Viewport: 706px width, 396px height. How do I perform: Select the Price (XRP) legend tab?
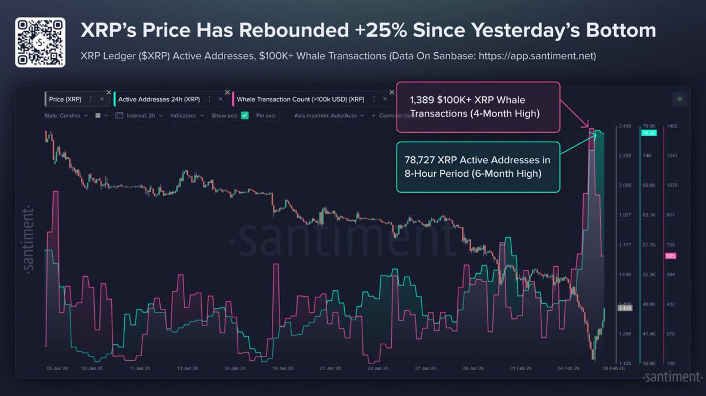click(x=66, y=99)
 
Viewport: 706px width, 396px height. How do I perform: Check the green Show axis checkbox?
click(x=245, y=116)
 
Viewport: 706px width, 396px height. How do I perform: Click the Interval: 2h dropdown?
click(x=139, y=116)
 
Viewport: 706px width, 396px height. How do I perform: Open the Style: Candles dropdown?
click(x=66, y=116)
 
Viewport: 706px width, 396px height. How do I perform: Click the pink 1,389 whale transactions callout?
click(x=478, y=107)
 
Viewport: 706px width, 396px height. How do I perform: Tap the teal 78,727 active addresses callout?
click(x=478, y=167)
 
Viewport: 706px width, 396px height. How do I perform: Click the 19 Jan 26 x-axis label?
click(x=282, y=369)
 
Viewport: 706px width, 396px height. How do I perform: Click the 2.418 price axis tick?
click(x=624, y=126)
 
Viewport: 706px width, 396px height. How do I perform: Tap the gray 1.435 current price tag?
click(x=624, y=308)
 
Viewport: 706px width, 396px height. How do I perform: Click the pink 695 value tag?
click(x=670, y=256)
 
